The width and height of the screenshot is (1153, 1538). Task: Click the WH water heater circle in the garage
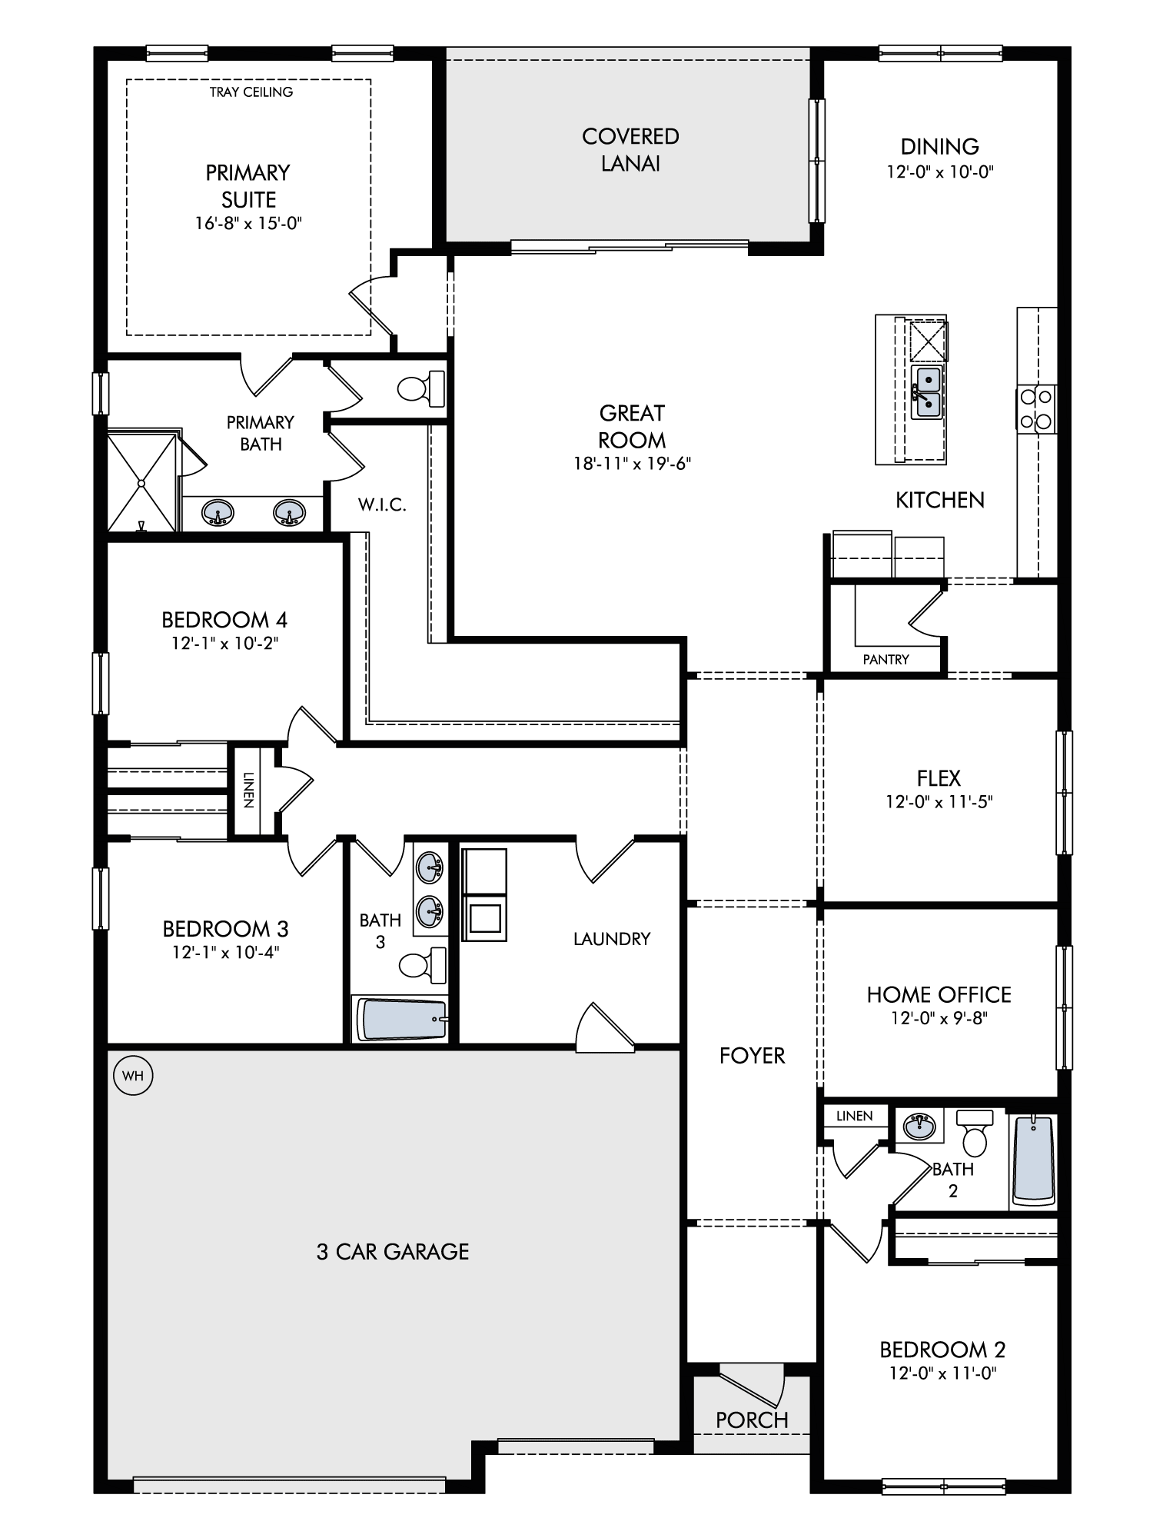pyautogui.click(x=133, y=1075)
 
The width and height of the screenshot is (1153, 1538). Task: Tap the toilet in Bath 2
pyautogui.click(x=975, y=1132)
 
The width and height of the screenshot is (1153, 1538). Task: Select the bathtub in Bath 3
pyautogui.click(x=400, y=1019)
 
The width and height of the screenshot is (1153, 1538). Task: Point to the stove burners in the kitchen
pyautogui.click(x=1036, y=408)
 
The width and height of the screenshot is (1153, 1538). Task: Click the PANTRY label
pyautogui.click(x=886, y=659)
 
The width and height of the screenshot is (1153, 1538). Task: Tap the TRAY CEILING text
pyautogui.click(x=251, y=92)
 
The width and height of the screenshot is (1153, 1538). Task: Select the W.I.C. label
pyautogui.click(x=382, y=505)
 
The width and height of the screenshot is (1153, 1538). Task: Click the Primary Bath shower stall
pyautogui.click(x=142, y=482)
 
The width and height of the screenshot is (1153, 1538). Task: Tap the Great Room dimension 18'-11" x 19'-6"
pyautogui.click(x=632, y=464)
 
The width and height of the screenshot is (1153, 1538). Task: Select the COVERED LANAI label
pyautogui.click(x=631, y=150)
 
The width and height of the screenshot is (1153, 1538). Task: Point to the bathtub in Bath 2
pyautogui.click(x=1033, y=1160)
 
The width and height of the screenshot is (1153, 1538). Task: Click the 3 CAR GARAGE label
pyautogui.click(x=393, y=1252)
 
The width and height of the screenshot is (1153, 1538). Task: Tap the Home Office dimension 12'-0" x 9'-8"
pyautogui.click(x=939, y=1018)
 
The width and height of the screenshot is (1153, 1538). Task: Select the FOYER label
pyautogui.click(x=753, y=1056)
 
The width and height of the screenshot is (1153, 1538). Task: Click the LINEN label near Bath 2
pyautogui.click(x=855, y=1116)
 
